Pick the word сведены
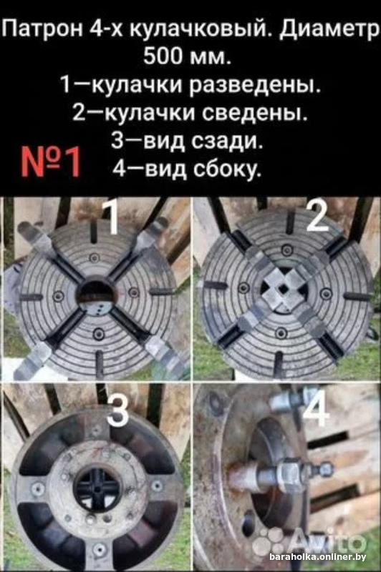(254, 113)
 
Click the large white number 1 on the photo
(110, 218)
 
